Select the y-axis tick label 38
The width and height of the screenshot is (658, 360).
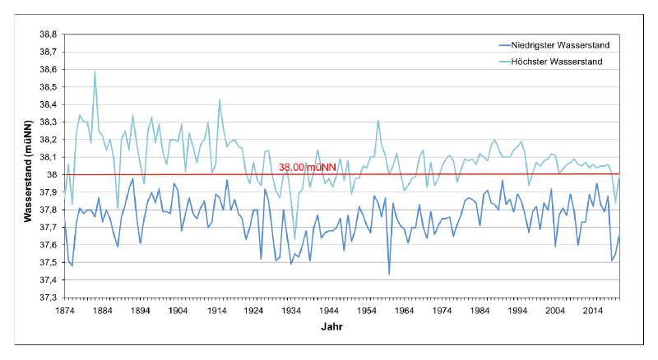point(51,175)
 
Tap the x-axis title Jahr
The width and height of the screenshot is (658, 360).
point(333,327)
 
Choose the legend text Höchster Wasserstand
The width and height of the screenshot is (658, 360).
point(557,62)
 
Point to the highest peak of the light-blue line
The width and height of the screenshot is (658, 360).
point(95,72)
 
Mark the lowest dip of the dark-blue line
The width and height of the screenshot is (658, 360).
point(389,275)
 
